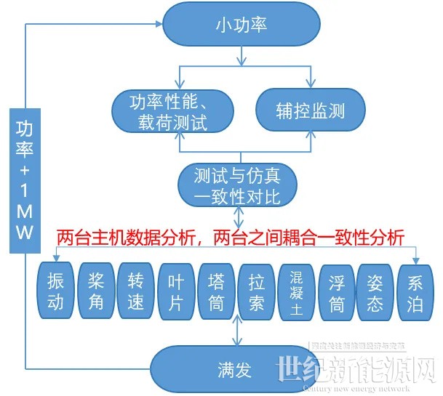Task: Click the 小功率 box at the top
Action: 242,25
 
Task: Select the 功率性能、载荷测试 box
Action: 172,112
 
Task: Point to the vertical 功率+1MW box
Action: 25,179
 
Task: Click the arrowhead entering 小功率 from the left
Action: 158,24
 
